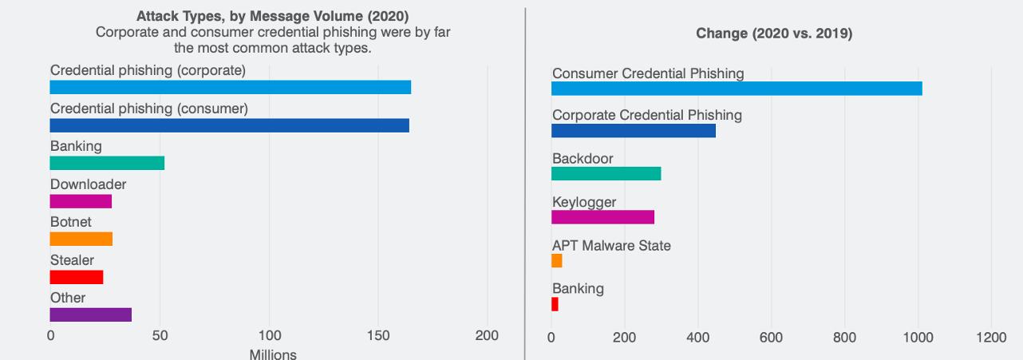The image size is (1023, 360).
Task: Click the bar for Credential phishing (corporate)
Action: point(230,87)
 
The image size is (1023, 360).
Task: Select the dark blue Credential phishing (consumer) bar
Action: point(229,125)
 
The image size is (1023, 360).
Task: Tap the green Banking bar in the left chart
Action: point(107,163)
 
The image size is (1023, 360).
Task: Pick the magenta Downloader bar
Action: point(81,201)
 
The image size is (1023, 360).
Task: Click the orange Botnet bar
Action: point(81,239)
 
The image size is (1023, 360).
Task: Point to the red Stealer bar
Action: point(77,277)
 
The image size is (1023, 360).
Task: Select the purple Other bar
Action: point(90,315)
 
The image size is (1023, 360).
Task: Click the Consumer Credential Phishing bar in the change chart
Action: point(737,89)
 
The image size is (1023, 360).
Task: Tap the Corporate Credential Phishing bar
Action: point(634,131)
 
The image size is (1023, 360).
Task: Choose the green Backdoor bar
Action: point(606,173)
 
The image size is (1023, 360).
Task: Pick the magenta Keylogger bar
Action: point(602,217)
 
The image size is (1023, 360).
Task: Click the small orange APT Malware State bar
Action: point(557,260)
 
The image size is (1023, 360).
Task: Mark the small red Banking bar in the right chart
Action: point(555,304)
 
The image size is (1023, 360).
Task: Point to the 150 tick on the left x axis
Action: point(378,336)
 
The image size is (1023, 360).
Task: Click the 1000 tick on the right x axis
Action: point(918,338)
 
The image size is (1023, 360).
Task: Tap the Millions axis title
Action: point(273,354)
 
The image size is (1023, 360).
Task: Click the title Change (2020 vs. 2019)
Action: point(774,34)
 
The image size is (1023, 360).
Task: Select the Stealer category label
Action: point(72,260)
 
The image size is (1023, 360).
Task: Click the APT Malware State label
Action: point(611,245)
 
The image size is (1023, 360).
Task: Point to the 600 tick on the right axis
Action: point(771,338)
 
